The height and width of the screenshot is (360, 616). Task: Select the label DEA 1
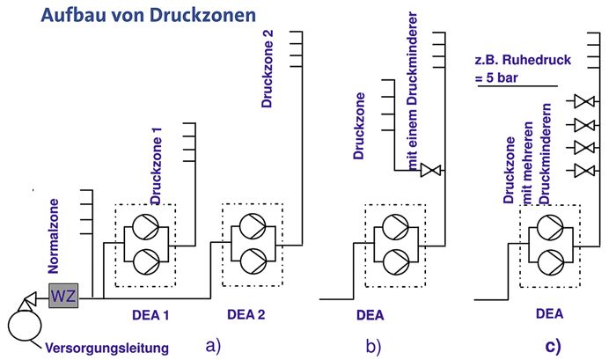tap(144, 314)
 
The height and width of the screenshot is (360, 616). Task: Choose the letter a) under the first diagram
tap(212, 346)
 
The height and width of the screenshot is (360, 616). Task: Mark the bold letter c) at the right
tap(552, 346)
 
